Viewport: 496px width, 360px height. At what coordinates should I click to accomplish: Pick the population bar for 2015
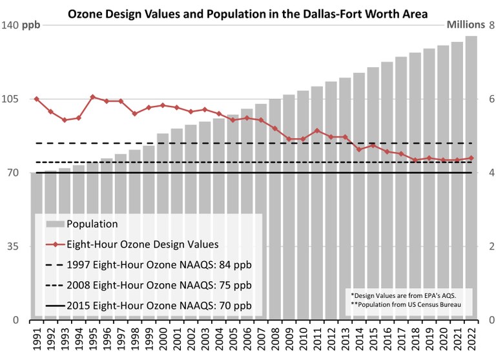(373, 194)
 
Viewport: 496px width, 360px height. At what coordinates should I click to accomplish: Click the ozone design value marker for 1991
(36, 99)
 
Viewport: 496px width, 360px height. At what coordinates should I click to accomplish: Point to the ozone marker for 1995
(93, 97)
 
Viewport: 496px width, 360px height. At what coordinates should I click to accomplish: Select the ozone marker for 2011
(316, 131)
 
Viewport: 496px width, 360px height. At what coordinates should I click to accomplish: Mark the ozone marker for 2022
(471, 158)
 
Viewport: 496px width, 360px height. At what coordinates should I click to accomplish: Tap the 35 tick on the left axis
(13, 246)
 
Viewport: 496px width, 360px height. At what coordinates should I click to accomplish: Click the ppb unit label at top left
(31, 25)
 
